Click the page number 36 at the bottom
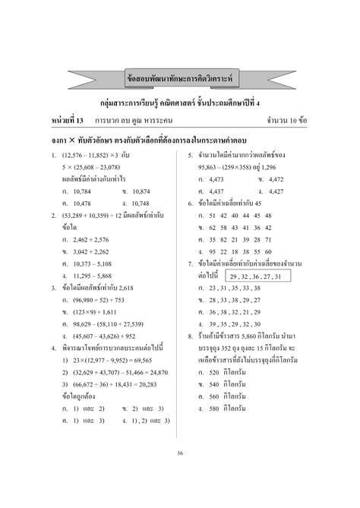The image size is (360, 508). [180, 454]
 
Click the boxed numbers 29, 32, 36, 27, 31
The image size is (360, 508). [258, 276]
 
